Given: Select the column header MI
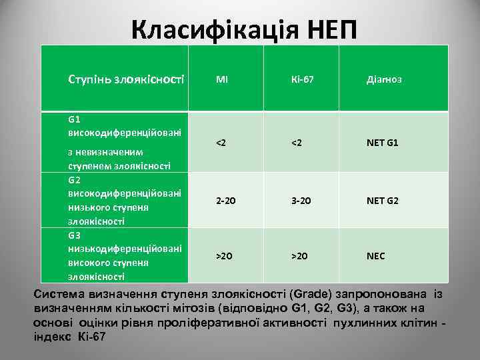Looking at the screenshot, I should point(222,79).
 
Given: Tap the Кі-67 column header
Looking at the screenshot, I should point(302,79).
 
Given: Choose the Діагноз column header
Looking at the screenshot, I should point(384,79).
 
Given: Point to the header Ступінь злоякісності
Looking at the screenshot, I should point(126,79).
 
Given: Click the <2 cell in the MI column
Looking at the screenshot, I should point(220,143).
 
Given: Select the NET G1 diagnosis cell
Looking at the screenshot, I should point(383,143).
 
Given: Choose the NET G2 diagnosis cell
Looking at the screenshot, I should point(383,199).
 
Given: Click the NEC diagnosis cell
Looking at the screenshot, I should point(376,255).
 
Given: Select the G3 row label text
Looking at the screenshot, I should point(75,235).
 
